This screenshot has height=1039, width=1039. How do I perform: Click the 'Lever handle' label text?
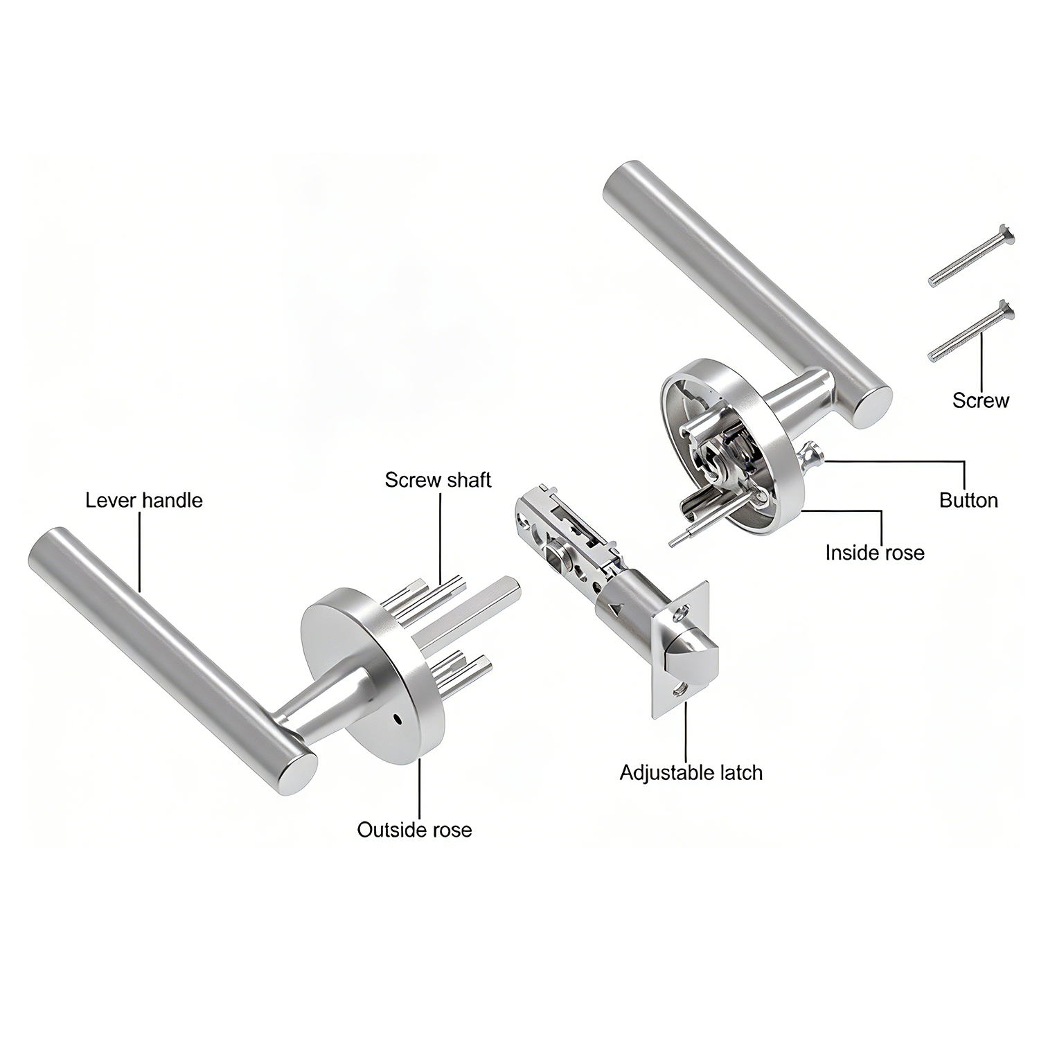(x=144, y=500)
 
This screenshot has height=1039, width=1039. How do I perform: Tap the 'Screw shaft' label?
(x=438, y=479)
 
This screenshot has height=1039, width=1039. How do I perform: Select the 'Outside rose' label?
(x=414, y=829)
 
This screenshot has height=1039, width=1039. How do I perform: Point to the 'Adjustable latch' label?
(x=691, y=772)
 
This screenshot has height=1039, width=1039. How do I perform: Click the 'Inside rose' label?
(x=875, y=552)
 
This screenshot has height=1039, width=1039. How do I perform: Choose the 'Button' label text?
(x=968, y=500)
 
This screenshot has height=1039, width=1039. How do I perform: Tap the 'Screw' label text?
(x=981, y=400)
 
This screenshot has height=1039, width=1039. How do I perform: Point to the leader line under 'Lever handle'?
(x=139, y=551)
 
